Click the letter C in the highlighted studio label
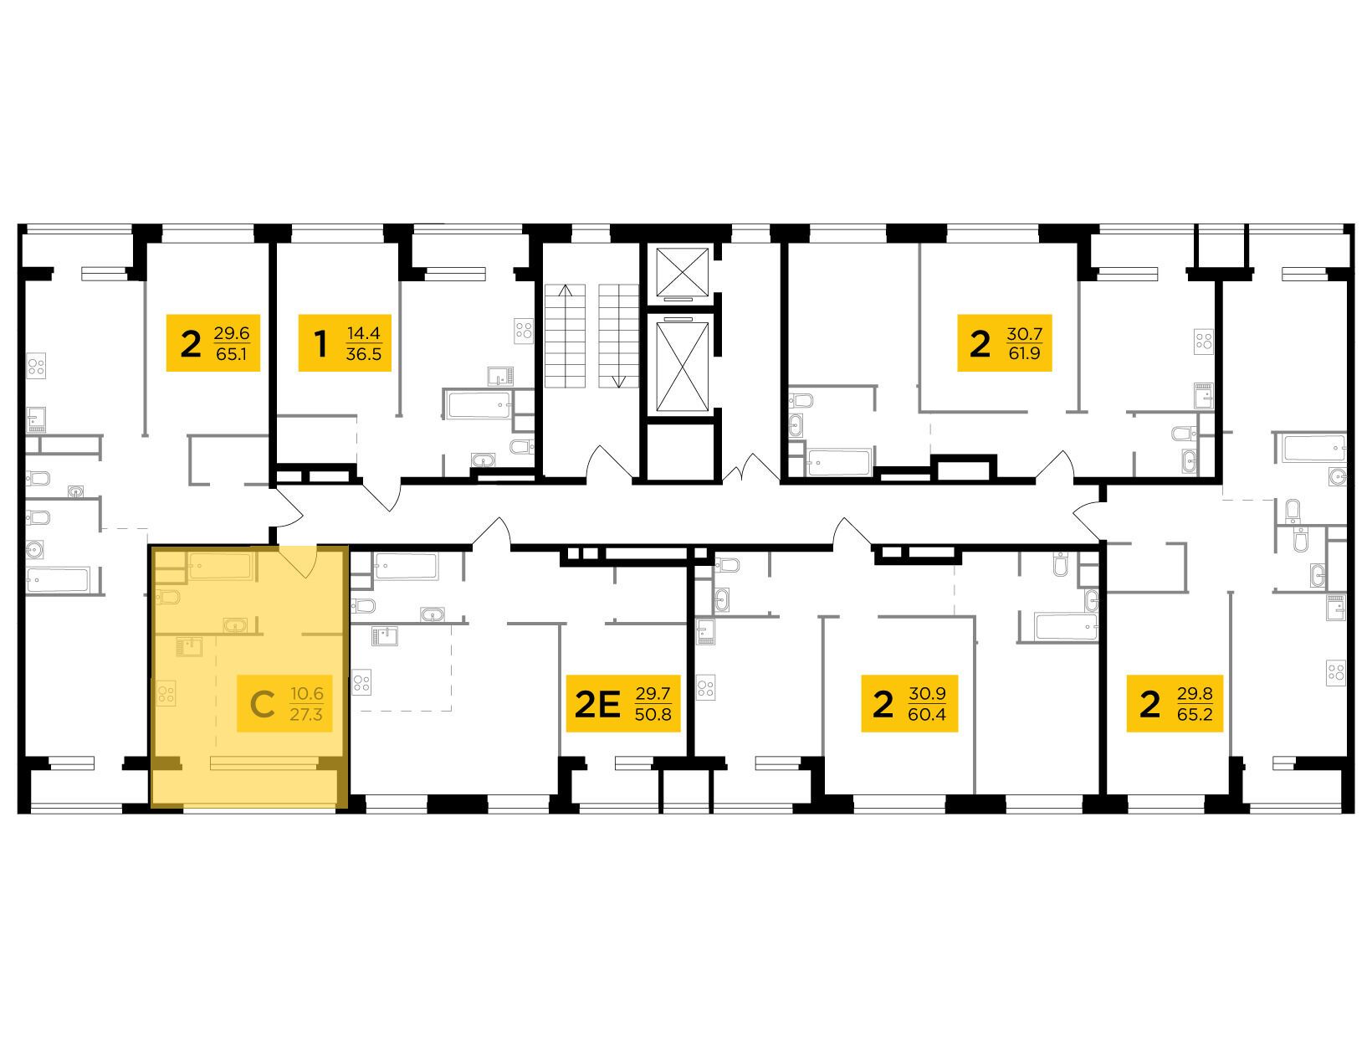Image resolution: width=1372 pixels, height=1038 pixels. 262,704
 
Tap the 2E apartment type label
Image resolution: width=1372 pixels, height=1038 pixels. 597,704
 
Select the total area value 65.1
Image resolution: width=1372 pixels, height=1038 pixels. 231,355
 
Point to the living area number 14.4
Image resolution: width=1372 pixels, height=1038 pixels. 364,332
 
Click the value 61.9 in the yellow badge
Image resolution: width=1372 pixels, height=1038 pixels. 1025,353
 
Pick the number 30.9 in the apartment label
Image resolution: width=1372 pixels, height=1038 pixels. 927,693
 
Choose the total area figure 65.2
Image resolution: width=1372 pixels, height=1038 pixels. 1195,714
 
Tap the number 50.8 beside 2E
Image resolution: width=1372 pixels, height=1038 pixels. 653,714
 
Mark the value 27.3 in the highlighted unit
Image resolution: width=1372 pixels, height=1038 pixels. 306,714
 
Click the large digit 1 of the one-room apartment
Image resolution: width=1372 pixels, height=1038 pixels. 321,344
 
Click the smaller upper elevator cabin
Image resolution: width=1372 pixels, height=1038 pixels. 682,271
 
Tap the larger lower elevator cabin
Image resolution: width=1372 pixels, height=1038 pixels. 682,367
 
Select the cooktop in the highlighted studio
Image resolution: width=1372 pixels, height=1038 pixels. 166,693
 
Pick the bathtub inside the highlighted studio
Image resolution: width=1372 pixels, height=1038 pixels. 221,567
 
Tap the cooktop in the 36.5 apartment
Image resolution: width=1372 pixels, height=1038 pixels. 524,330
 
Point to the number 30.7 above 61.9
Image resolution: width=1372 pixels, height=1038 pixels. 1025,332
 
